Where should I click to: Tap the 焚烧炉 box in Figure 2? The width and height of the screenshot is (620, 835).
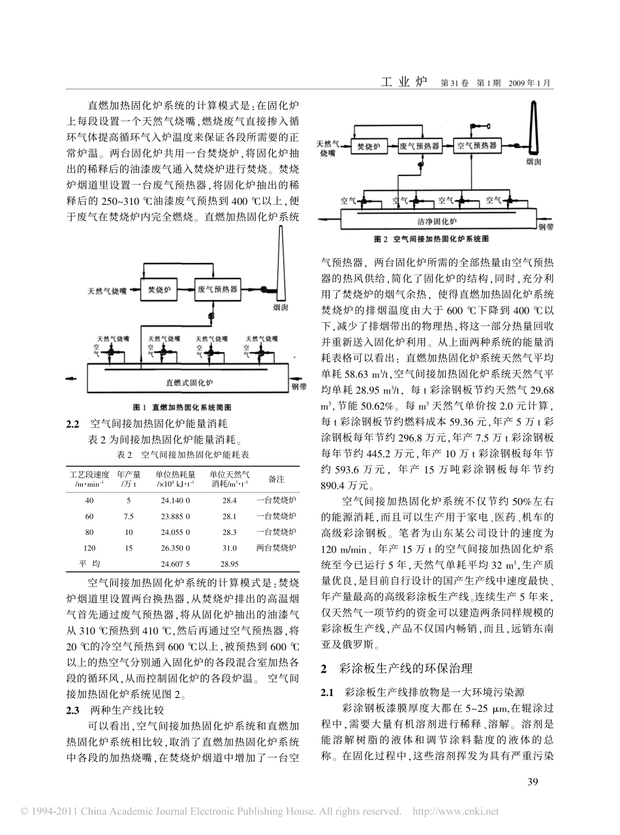(x=369, y=146)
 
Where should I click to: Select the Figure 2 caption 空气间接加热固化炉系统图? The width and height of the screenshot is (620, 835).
(x=431, y=239)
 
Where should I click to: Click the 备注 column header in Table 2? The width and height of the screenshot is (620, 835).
(x=276, y=479)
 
